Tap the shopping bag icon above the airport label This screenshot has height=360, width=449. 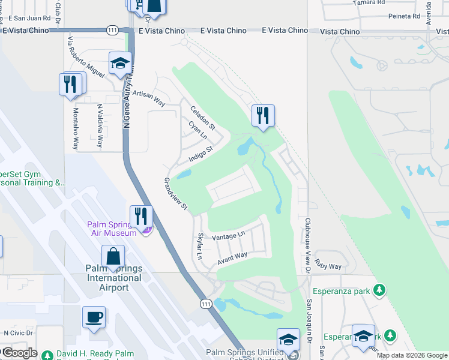pyautogui.click(x=113, y=256)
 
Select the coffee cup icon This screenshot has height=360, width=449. pyautogui.click(x=94, y=317)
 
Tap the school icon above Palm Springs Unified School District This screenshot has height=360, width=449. pyautogui.click(x=288, y=340)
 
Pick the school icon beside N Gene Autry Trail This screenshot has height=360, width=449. pyautogui.click(x=120, y=63)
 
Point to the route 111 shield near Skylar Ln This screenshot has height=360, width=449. pyautogui.click(x=206, y=304)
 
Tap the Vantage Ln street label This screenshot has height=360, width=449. pyautogui.click(x=229, y=236)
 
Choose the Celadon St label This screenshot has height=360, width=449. pyautogui.click(x=203, y=118)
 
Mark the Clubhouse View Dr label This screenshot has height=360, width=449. pyautogui.click(x=307, y=247)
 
